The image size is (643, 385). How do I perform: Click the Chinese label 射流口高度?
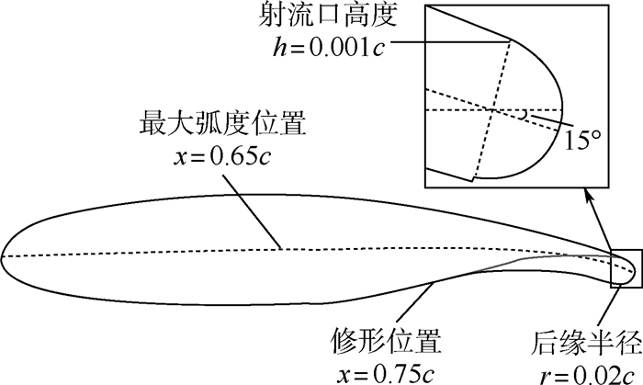click(x=328, y=17)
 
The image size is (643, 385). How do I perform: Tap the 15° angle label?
click(x=582, y=141)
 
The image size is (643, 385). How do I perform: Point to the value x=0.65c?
click(x=222, y=156)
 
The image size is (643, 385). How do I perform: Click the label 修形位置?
click(x=386, y=340)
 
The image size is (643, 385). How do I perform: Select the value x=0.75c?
click(x=386, y=373)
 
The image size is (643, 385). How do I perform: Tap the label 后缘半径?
click(x=586, y=342)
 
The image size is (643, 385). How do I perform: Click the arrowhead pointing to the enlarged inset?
click(x=589, y=195)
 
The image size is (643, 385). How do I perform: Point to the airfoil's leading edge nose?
click(x=1, y=256)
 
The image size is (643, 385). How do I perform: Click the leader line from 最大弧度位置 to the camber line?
click(x=252, y=212)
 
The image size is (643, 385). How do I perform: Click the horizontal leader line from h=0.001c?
click(x=451, y=41)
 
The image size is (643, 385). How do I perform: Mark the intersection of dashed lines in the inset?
click(x=492, y=110)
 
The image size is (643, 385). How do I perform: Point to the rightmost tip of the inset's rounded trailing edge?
click(x=562, y=109)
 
